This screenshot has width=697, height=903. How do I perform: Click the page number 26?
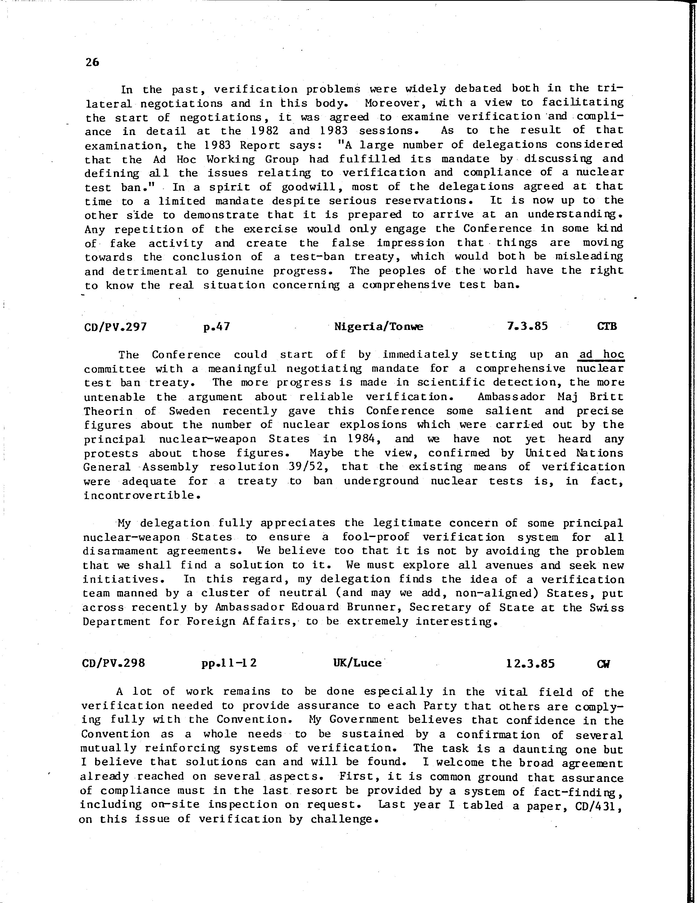(x=93, y=62)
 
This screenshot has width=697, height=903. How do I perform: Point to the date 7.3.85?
(x=527, y=326)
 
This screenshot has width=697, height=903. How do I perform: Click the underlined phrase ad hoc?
(x=602, y=354)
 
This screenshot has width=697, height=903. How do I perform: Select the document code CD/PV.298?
(x=114, y=663)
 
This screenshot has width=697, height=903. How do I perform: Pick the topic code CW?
(x=604, y=664)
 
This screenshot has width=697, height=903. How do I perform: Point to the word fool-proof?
(x=375, y=537)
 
